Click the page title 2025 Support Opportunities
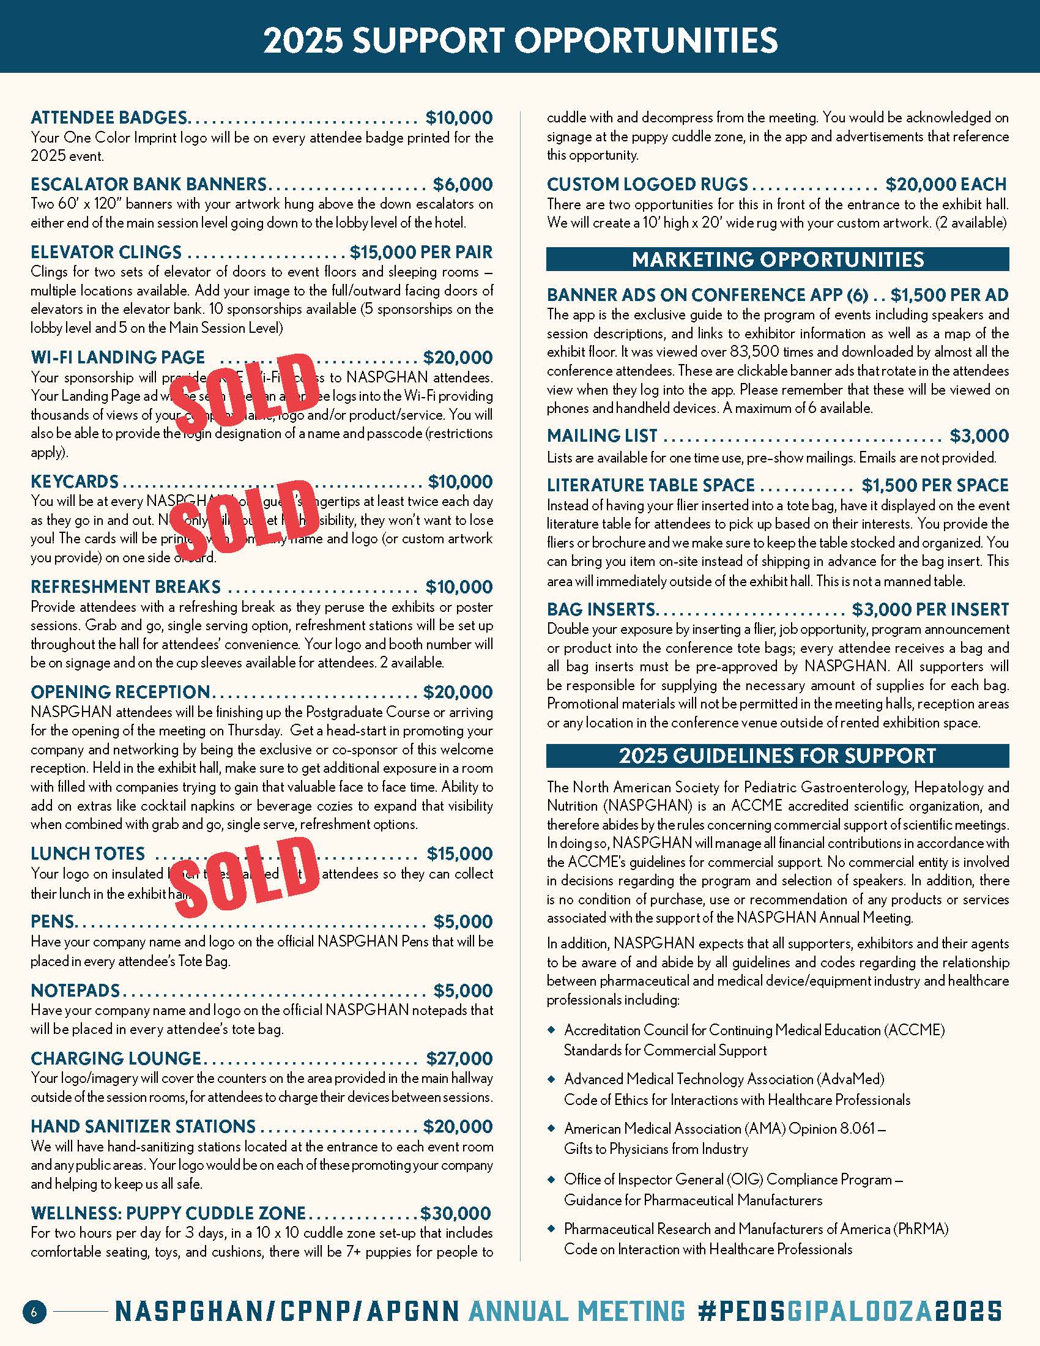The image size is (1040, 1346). [x=520, y=40]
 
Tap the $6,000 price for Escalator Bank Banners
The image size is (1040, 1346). [x=462, y=184]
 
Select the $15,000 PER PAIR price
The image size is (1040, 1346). [x=422, y=252]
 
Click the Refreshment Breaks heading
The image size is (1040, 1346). [x=125, y=587]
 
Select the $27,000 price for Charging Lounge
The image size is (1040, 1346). [x=459, y=1058]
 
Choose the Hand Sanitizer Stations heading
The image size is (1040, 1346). [x=143, y=1126]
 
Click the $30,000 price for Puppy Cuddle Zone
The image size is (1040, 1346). [x=456, y=1213]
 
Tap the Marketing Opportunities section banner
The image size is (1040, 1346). [x=778, y=259]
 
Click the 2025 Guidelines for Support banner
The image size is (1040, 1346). [x=778, y=756]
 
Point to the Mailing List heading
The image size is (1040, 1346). [x=602, y=436]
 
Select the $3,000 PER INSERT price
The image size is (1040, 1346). [x=930, y=609]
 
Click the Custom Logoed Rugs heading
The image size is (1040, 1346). [x=647, y=184]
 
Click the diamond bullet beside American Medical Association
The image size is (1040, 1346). [x=551, y=1128]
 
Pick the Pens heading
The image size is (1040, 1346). [x=53, y=921]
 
